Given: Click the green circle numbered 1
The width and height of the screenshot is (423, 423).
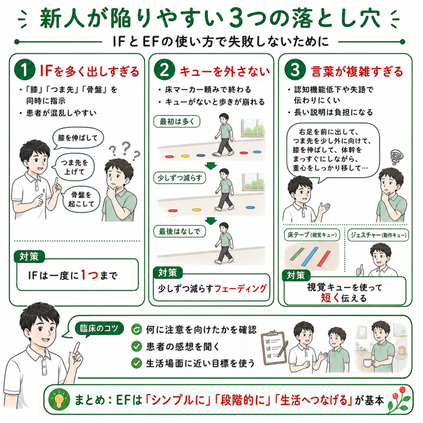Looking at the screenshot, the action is [24, 69].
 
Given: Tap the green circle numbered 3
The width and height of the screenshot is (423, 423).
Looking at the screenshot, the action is [295, 69].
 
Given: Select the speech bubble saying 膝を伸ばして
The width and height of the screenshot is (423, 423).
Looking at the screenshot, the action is [78, 138].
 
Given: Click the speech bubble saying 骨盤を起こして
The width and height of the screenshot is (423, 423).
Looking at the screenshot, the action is [81, 200].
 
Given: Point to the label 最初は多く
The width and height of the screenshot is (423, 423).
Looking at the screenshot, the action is [177, 122].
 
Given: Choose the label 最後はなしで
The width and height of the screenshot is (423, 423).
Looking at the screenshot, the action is [179, 231].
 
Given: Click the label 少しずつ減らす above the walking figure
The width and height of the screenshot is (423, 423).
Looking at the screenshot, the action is [179, 178].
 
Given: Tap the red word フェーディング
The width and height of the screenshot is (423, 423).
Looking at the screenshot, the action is [240, 289].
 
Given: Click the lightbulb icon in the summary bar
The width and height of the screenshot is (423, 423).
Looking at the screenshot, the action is [59, 399].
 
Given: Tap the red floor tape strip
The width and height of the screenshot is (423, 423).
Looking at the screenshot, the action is [324, 258].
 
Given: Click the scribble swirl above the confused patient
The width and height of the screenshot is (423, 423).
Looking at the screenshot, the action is [397, 157].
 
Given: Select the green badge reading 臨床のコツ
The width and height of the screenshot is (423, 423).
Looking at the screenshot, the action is [99, 328].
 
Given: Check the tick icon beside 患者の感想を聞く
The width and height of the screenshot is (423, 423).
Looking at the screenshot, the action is [136, 346].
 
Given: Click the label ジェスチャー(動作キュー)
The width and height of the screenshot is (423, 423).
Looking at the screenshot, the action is [378, 235].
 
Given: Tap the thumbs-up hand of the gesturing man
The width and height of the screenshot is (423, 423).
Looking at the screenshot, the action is [360, 270].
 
